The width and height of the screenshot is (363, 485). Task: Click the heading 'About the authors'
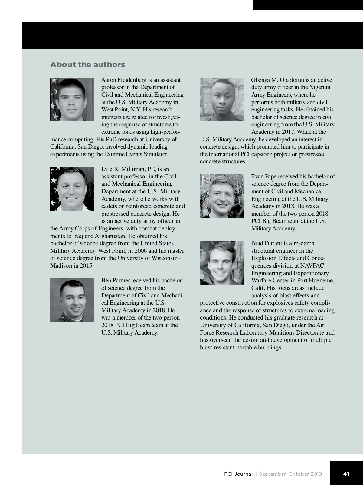tap(87, 65)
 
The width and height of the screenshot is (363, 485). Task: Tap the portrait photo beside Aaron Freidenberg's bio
tap(72, 99)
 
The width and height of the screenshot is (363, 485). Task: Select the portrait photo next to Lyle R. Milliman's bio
tap(72, 189)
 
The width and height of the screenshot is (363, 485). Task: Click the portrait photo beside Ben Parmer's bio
tap(72, 300)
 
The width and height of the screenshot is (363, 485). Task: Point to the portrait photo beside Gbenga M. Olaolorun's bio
tap(222, 99)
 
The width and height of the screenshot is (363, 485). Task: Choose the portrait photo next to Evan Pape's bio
tap(222, 196)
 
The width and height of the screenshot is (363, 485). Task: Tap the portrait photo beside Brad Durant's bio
tap(222, 263)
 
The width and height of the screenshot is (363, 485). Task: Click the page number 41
tap(346, 474)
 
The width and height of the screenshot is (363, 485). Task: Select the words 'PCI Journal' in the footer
tap(238, 474)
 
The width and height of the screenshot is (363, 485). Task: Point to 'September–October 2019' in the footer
tap(290, 474)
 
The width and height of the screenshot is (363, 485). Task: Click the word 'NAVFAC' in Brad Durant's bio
tap(312, 266)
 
